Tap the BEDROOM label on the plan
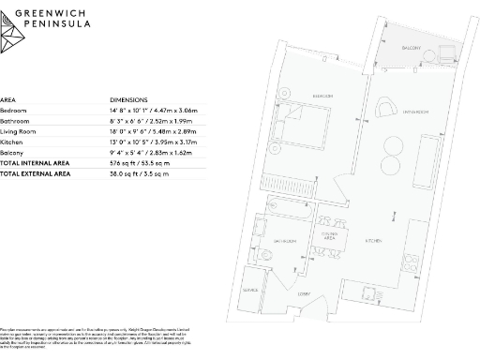pyautogui.click(x=322, y=96)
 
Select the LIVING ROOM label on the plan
pyautogui.click(x=415, y=111)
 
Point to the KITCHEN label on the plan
pyautogui.click(x=372, y=241)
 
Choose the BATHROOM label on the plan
pyautogui.click(x=286, y=242)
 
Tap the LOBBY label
pyautogui.click(x=304, y=294)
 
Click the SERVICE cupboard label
pyautogui.click(x=250, y=291)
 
